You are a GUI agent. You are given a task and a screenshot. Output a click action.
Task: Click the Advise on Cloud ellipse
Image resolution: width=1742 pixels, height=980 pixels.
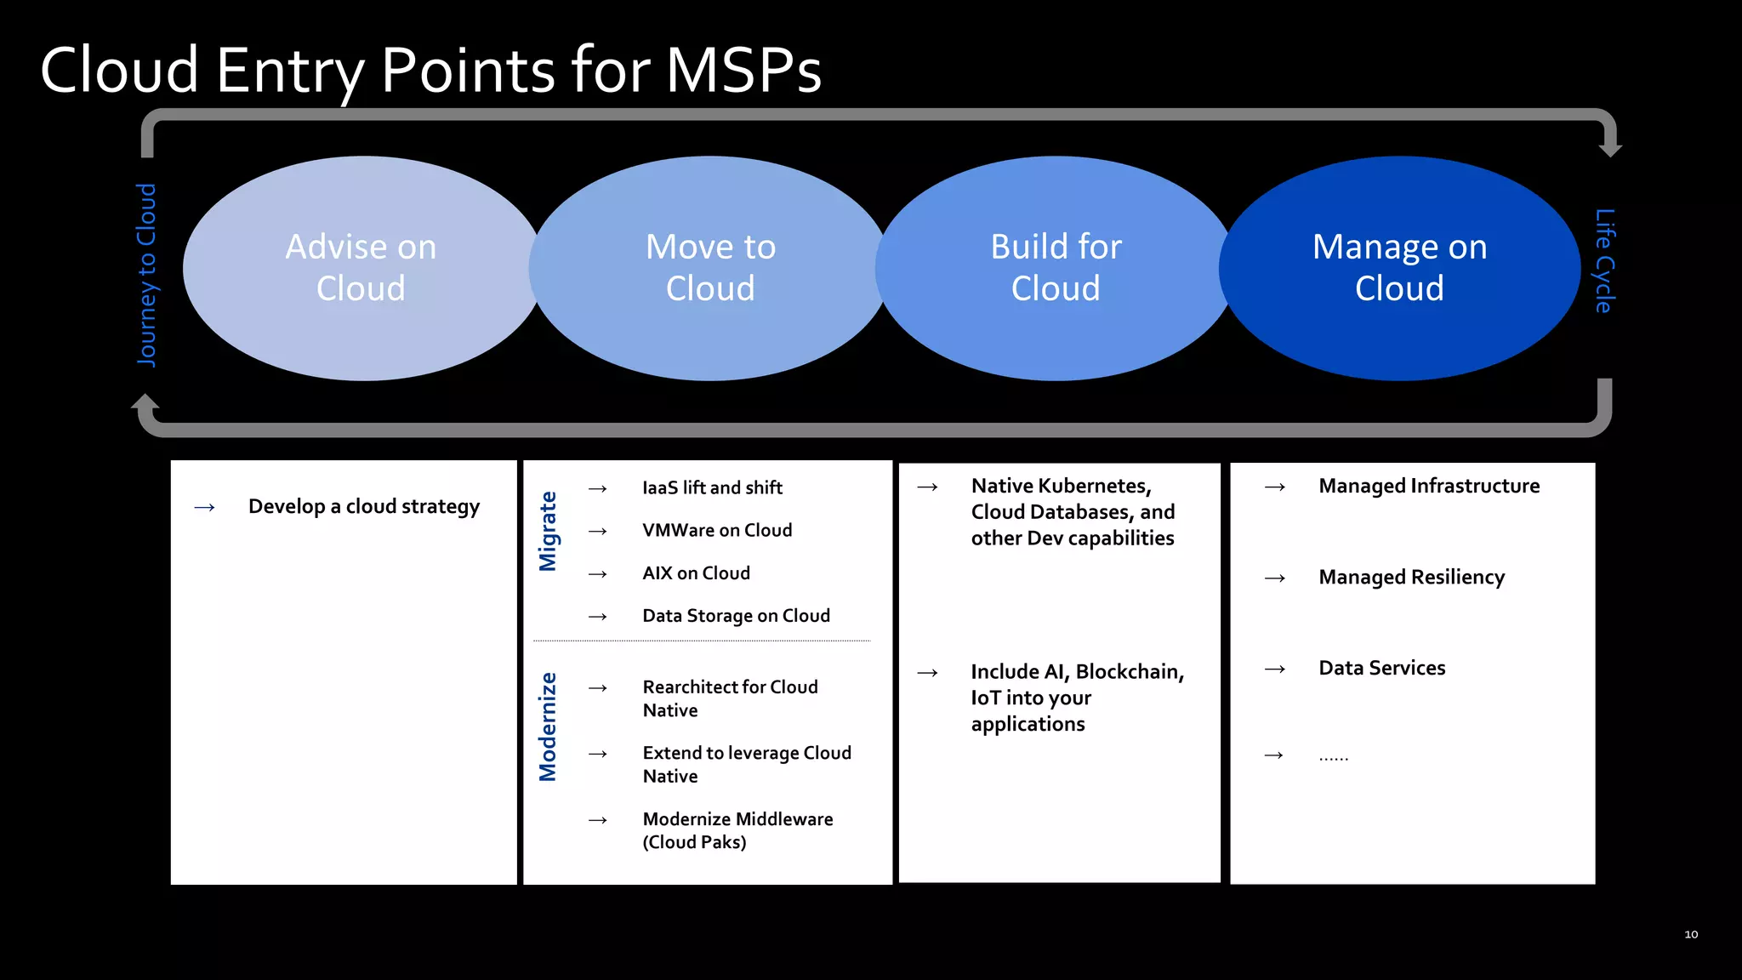(x=361, y=268)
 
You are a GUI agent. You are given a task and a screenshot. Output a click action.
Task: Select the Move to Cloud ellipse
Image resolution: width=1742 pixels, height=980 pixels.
(x=710, y=268)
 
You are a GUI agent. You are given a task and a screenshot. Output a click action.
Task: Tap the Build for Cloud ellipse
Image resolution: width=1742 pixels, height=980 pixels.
(x=1056, y=268)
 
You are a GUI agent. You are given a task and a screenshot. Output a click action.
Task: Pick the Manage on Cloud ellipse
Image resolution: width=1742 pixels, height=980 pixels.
(x=1399, y=268)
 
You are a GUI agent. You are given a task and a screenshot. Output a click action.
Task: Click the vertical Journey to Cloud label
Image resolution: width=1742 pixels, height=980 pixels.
(x=147, y=275)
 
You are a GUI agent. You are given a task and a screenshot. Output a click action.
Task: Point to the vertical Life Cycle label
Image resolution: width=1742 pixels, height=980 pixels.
(x=1603, y=260)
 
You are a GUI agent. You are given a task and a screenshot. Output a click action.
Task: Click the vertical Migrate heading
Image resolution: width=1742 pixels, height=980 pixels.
(x=548, y=531)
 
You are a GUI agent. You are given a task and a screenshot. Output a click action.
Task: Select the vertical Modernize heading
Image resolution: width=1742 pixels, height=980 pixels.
(x=548, y=726)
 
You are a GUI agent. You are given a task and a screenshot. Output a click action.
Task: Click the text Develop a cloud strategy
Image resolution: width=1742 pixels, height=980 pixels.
(x=363, y=507)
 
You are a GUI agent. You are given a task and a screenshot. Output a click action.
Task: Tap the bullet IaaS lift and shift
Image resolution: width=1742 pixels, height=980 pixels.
(x=712, y=487)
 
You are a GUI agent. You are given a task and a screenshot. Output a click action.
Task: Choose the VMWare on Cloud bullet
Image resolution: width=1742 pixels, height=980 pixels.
(x=717, y=530)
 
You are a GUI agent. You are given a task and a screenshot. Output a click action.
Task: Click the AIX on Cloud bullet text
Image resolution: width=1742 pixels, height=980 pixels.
(x=696, y=573)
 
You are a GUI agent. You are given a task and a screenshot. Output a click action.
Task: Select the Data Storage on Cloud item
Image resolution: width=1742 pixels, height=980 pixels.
(x=736, y=616)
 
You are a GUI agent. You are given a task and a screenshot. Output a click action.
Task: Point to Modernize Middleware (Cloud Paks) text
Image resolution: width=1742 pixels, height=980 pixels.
(x=737, y=830)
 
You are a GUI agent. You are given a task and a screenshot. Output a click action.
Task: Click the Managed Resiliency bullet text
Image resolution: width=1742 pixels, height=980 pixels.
(x=1411, y=578)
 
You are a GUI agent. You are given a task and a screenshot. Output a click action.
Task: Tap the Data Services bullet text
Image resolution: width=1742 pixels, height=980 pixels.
(x=1381, y=669)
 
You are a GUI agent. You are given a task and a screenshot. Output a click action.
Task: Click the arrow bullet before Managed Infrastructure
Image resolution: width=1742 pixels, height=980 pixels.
(x=1274, y=487)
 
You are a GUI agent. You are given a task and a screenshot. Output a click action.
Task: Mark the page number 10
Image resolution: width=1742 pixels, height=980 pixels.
(x=1691, y=934)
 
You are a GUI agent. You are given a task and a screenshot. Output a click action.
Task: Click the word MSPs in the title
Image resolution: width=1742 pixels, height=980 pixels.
(x=743, y=70)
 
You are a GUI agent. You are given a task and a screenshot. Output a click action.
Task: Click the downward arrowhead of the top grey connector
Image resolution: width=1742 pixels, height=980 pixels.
(x=1610, y=149)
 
